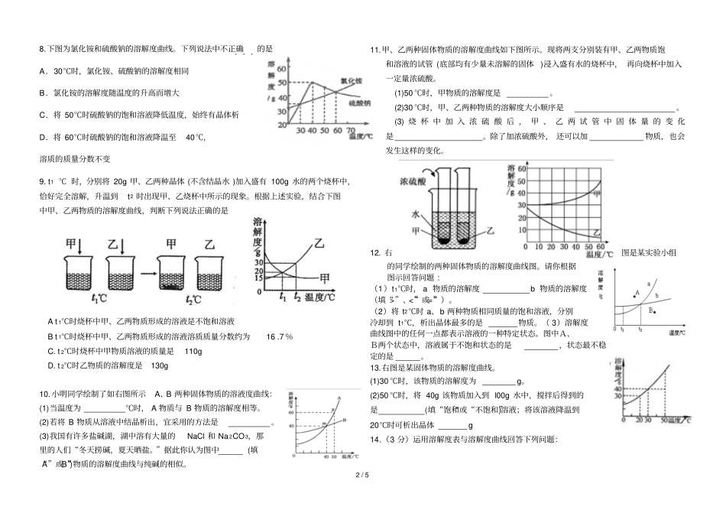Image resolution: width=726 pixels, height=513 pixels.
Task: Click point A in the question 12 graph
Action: [x=637, y=293]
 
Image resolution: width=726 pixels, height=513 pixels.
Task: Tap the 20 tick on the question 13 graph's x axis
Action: [x=627, y=420]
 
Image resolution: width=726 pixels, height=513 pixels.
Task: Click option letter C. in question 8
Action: [x=43, y=115]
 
